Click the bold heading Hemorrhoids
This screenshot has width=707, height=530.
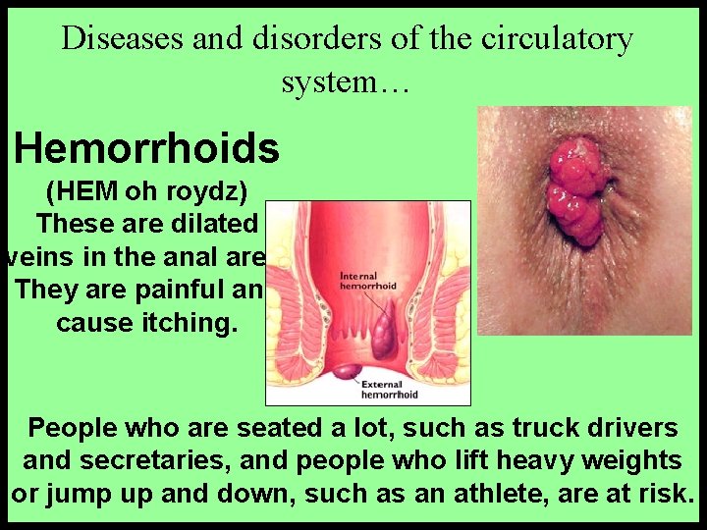[147, 149]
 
